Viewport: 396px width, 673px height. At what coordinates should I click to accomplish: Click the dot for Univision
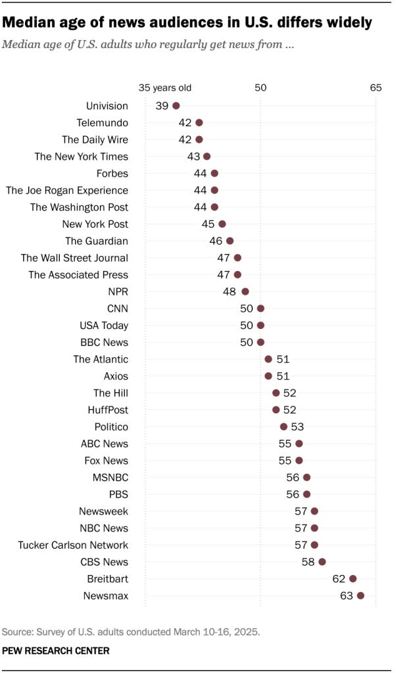(x=176, y=105)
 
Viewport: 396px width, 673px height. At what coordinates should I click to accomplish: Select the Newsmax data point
(x=360, y=595)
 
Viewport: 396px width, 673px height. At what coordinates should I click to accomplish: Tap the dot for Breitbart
(x=353, y=578)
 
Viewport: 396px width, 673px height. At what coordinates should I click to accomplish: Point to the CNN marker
(x=260, y=309)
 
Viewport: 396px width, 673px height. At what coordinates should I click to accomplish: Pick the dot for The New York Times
(x=207, y=157)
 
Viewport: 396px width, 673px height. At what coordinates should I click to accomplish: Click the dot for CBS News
(x=322, y=562)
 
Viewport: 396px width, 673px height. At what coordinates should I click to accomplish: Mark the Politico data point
(x=284, y=426)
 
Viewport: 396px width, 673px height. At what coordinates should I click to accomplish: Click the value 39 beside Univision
(x=162, y=106)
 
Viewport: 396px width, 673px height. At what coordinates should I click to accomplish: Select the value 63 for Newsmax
(x=346, y=596)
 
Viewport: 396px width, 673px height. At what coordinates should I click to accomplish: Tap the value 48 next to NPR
(x=231, y=291)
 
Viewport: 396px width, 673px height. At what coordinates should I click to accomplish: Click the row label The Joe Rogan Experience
(x=66, y=190)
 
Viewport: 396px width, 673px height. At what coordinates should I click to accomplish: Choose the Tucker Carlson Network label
(x=73, y=545)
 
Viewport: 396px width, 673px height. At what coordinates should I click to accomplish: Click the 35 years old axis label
(x=164, y=87)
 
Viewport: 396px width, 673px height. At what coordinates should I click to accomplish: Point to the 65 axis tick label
(x=376, y=87)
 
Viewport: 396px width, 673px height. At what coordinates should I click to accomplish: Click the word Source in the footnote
(x=16, y=632)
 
